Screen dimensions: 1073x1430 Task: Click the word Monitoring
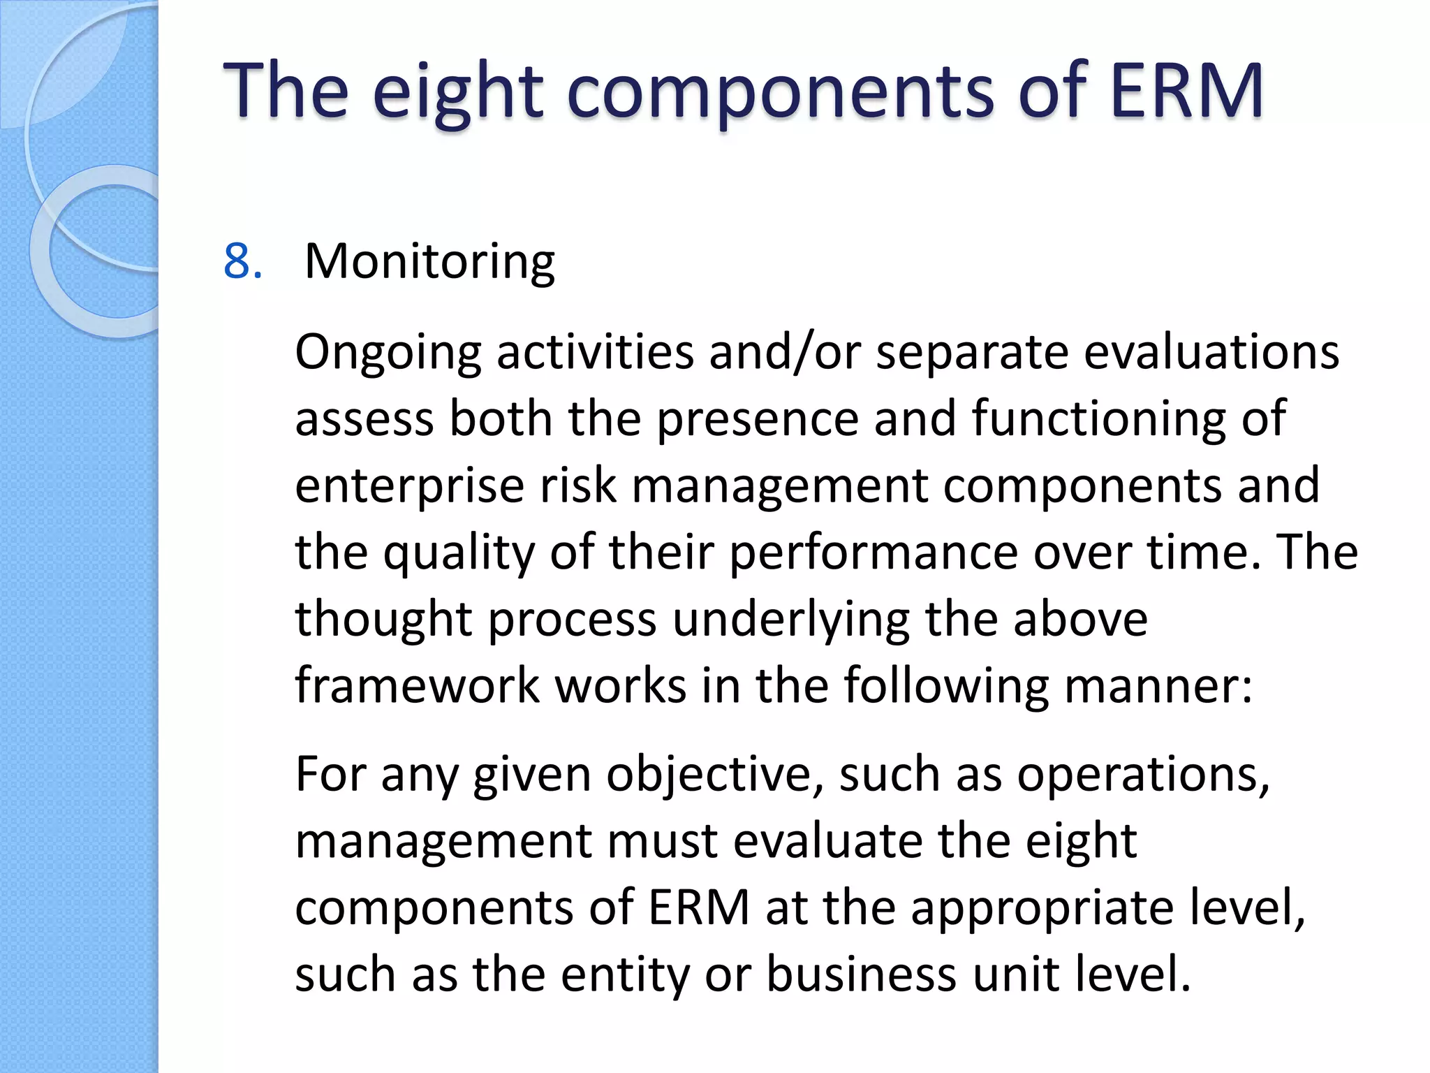click(x=429, y=262)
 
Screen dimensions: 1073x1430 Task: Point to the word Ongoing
click(x=388, y=353)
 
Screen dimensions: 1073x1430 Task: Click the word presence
click(x=757, y=419)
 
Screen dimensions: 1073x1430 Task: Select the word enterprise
click(x=409, y=486)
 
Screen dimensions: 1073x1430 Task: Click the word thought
click(x=383, y=620)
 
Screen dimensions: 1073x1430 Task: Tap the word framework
click(x=418, y=685)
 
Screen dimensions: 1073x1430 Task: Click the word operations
click(x=1142, y=775)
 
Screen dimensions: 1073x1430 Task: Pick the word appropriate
click(x=1042, y=909)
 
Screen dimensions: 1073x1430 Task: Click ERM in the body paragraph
click(x=699, y=907)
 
